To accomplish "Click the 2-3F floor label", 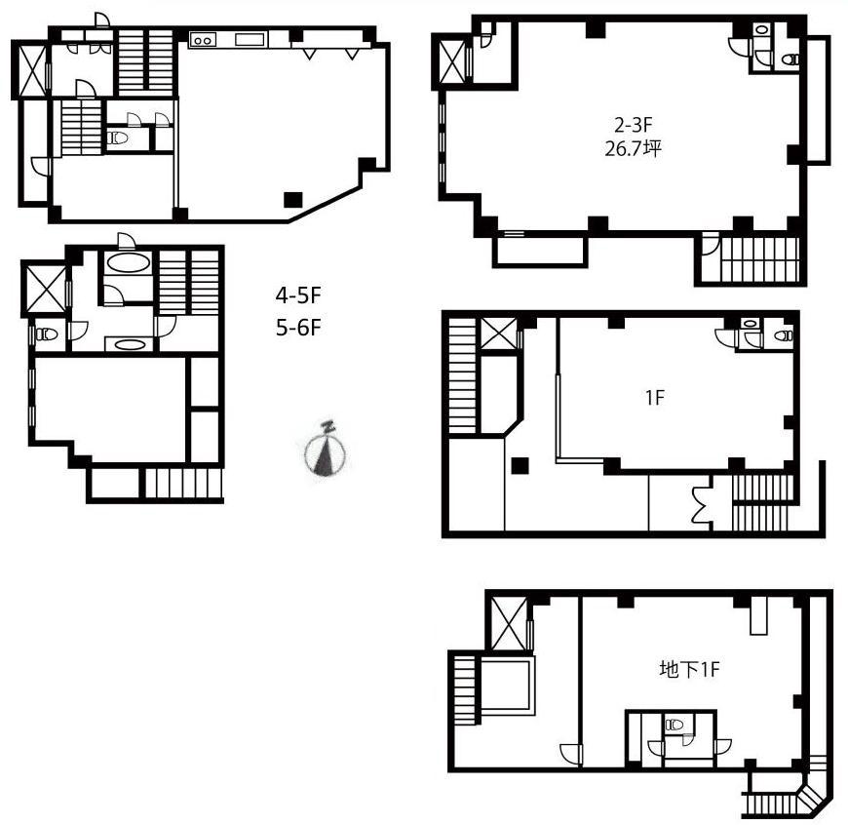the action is point(634,125).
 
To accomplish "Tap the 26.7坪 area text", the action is point(633,148).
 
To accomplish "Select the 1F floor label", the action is point(654,398).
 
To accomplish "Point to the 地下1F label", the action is point(689,670).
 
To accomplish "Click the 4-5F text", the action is point(298,295).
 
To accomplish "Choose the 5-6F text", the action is point(298,328).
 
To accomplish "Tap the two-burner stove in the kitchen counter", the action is point(203,40).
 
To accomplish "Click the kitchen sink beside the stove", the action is point(251,39).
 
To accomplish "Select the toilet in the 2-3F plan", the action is point(790,59).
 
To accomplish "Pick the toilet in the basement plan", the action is point(675,724).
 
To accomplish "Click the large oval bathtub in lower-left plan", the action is point(128,263).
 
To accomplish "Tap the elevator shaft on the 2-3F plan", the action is point(452,62).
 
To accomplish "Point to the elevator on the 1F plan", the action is point(499,334).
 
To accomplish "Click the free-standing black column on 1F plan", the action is point(520,465).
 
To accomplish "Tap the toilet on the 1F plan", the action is point(783,336).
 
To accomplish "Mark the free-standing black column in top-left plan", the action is point(293,199).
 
